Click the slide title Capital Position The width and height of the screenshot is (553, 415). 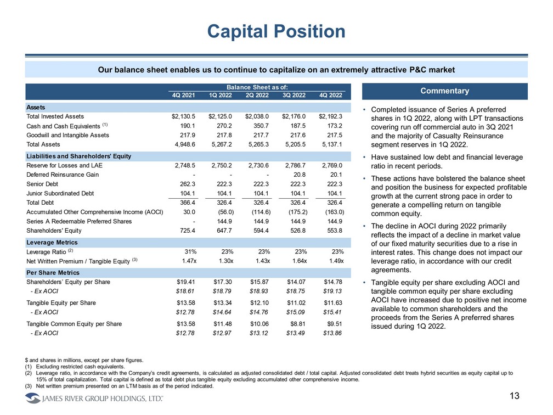click(x=276, y=31)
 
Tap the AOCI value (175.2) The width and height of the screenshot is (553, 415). click(x=297, y=212)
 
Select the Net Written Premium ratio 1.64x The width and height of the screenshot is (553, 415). click(x=298, y=261)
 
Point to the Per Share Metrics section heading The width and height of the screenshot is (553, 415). click(x=53, y=272)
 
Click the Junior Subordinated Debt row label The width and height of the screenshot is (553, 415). click(x=60, y=193)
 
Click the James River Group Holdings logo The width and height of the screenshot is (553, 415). click(x=93, y=398)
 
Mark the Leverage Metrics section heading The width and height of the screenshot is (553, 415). click(x=52, y=242)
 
